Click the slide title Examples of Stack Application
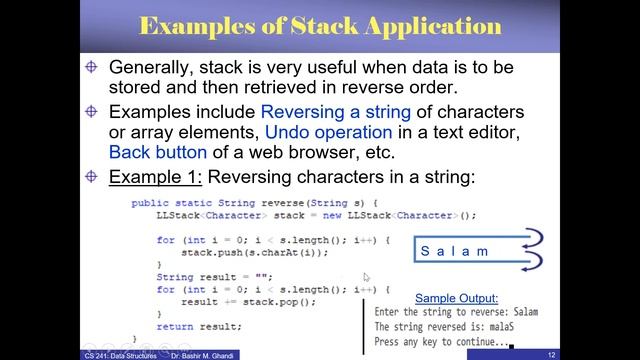coord(319,26)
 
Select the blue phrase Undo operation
coord(328,132)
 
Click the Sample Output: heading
coord(461,297)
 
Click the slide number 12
coord(622,354)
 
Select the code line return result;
coord(199,326)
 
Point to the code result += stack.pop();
coord(234,301)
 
